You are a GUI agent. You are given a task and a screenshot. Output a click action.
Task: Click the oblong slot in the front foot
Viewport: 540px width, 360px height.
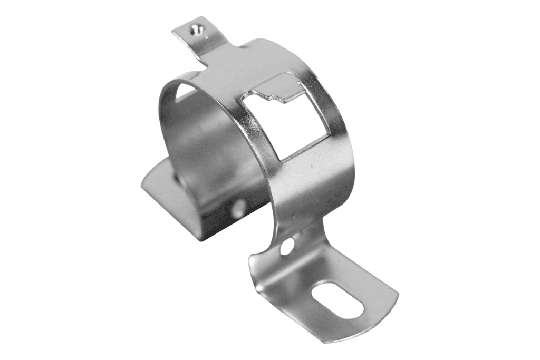tap(338, 299)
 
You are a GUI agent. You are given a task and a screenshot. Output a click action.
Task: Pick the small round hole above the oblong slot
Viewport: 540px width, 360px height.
tap(287, 246)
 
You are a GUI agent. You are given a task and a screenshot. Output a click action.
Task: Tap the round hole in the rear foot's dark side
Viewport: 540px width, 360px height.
tap(239, 207)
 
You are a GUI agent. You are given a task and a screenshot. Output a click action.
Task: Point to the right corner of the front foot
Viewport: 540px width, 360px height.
tap(396, 295)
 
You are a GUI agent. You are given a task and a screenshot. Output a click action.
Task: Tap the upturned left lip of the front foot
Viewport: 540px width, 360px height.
tap(256, 269)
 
